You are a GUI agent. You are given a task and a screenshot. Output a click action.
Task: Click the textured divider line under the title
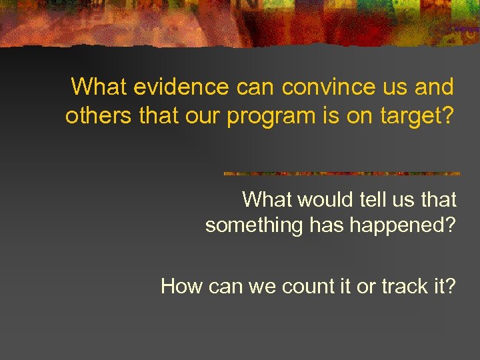341,173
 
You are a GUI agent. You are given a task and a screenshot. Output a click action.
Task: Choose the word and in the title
437,87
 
